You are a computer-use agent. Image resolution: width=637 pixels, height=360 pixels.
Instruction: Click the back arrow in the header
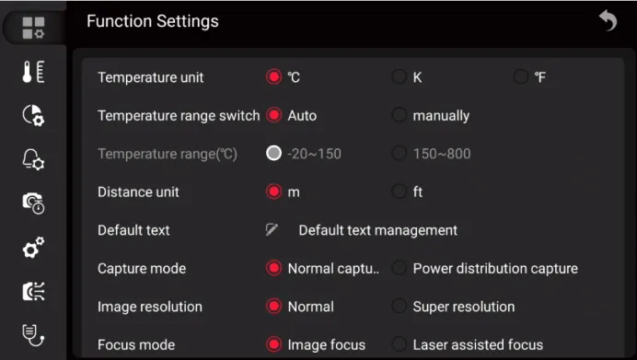[608, 20]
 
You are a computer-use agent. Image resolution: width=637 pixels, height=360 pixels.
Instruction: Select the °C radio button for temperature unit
[273, 76]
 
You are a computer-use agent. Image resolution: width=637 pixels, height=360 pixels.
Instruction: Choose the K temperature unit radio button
[399, 76]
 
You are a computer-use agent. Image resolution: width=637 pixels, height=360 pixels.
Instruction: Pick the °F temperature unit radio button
[521, 76]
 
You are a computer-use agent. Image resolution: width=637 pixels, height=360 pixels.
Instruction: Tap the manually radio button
[399, 115]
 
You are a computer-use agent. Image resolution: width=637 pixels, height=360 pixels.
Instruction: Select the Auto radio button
[273, 115]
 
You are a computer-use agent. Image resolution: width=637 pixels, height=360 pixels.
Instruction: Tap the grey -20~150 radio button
[273, 153]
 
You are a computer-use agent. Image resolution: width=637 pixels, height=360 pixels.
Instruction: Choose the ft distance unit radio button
[399, 192]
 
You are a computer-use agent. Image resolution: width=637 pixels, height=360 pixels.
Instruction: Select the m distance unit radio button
[273, 192]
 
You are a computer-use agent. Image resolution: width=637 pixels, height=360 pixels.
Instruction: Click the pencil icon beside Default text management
[272, 229]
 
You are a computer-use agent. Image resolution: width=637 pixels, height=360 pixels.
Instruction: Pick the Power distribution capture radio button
[399, 268]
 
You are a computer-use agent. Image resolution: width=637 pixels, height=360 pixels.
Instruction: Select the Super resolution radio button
[399, 306]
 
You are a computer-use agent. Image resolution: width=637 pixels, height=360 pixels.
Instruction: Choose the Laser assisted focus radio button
[399, 344]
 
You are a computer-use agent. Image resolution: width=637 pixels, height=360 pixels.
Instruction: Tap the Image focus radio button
[273, 344]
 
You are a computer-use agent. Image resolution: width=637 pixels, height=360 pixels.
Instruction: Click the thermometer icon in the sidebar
[33, 72]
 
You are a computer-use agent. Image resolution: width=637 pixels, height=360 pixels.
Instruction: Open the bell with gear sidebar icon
[33, 159]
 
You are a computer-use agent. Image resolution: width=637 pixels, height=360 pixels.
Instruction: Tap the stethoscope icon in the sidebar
[33, 335]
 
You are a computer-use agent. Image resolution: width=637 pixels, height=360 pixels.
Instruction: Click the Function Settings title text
[153, 21]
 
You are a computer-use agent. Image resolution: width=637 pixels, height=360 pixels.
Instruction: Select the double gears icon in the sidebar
[33, 247]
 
